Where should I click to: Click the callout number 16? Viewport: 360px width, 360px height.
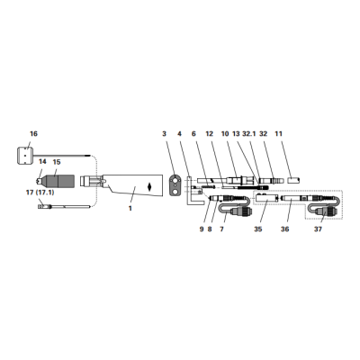[x=33, y=133]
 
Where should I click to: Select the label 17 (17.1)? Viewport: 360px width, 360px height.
[x=40, y=193]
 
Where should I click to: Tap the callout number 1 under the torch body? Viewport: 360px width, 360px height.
[x=130, y=208]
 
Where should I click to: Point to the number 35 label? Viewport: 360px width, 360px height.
[x=258, y=229]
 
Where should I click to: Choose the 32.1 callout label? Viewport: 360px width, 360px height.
[x=248, y=133]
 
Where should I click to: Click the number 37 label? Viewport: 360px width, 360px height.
[x=318, y=229]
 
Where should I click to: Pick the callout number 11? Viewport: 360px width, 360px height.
[x=279, y=133]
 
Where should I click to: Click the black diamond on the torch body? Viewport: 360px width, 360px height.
[x=149, y=186]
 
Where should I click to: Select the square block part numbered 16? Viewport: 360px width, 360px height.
[x=25, y=155]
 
